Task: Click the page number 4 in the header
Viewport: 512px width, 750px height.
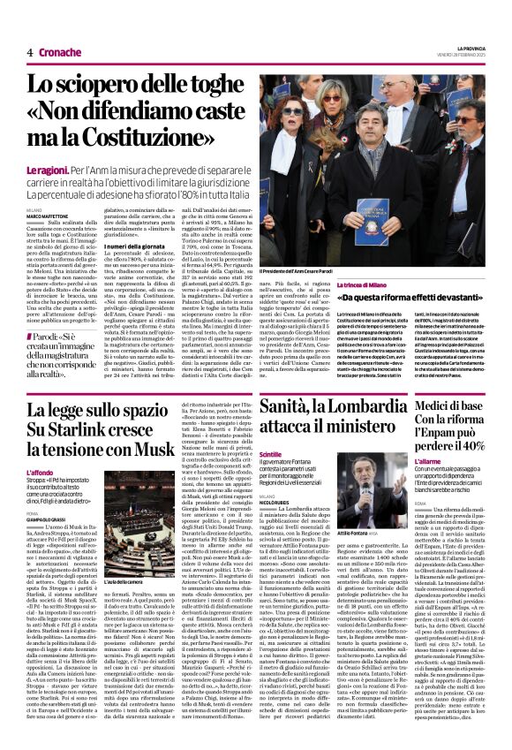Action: click(x=29, y=52)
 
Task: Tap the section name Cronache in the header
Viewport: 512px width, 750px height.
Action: click(x=61, y=52)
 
